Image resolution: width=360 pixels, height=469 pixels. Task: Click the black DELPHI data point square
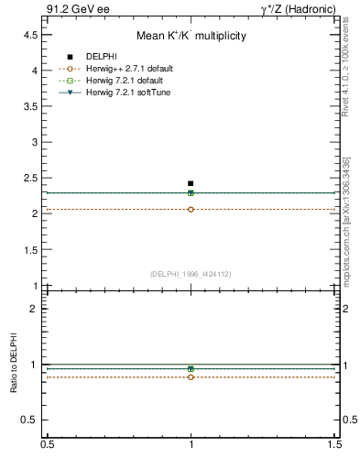191,183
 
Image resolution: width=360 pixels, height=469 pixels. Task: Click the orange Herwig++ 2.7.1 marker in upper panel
191,210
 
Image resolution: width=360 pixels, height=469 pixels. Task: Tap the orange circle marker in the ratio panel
191,376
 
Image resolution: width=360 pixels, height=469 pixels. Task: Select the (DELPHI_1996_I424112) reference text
191,273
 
